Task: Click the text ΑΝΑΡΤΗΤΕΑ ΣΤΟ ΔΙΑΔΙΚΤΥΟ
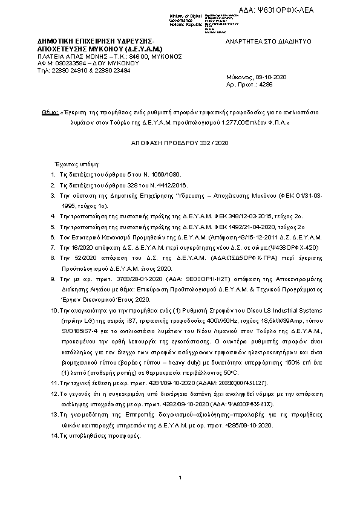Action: click(x=268, y=42)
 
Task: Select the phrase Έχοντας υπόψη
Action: click(x=71, y=164)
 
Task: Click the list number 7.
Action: click(x=53, y=248)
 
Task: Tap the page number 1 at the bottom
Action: click(x=180, y=478)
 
